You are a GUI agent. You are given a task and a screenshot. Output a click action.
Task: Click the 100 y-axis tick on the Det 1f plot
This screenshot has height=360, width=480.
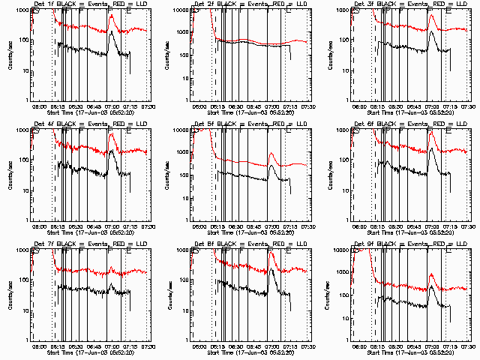click(x=24, y=39)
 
